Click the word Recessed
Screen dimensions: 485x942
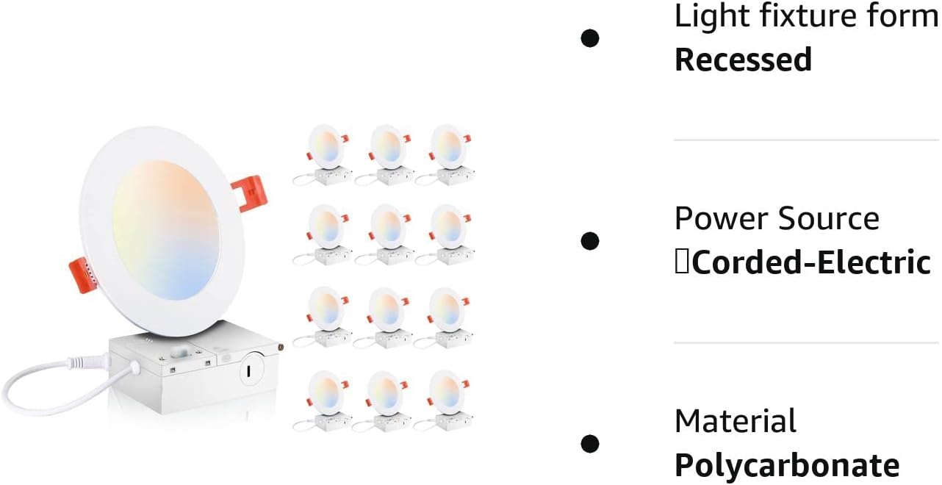coord(743,60)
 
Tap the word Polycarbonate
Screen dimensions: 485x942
coord(786,466)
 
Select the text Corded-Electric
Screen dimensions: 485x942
coord(811,263)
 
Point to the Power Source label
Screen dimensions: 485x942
coord(776,219)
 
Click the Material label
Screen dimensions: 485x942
coord(735,422)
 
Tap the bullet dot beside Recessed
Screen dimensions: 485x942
coord(589,38)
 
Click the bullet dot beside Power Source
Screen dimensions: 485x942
coord(589,241)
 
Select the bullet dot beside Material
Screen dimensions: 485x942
coord(589,444)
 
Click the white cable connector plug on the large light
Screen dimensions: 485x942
coord(79,362)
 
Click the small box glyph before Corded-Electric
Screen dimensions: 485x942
coord(682,263)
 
